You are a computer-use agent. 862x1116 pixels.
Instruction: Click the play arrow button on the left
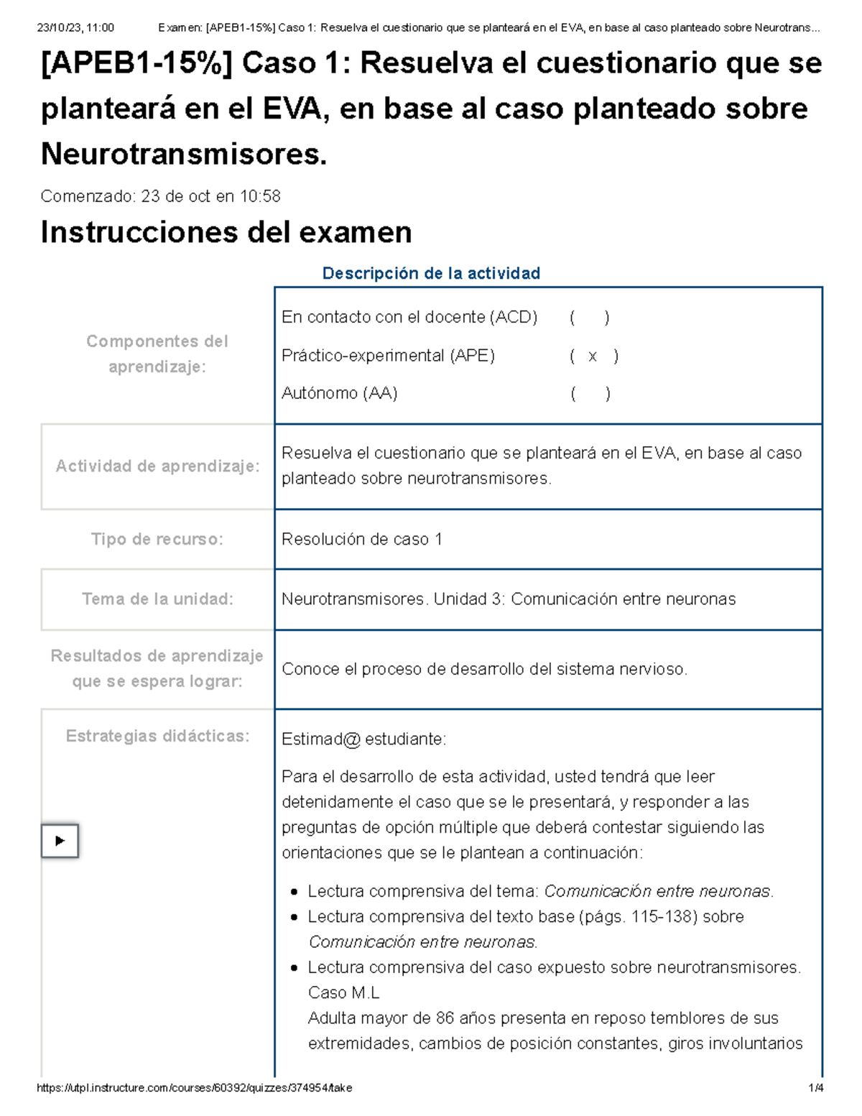[x=60, y=841]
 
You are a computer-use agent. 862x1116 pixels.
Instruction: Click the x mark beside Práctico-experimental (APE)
[x=593, y=356]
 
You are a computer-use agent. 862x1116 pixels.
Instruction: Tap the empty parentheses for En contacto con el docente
[x=590, y=317]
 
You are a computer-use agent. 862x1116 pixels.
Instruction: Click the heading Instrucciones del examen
[x=226, y=232]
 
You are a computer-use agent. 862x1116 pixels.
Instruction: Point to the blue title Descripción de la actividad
[x=431, y=273]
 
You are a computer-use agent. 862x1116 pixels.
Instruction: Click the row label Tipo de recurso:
[x=157, y=539]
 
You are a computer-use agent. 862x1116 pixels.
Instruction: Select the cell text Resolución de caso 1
[x=362, y=539]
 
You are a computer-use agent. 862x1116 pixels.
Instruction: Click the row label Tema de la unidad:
[x=157, y=599]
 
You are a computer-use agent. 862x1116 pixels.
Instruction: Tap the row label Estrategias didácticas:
[x=157, y=736]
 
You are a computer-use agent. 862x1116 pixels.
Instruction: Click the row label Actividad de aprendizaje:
[x=157, y=466]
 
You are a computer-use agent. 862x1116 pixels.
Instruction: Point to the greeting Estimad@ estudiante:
[x=363, y=739]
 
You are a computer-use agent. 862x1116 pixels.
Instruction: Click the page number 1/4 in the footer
[x=815, y=1088]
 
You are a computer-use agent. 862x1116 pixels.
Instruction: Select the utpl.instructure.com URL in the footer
[x=194, y=1088]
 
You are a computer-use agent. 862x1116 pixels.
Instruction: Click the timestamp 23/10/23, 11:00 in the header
[x=75, y=28]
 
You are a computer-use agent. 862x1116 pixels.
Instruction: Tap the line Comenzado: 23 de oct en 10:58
[x=160, y=196]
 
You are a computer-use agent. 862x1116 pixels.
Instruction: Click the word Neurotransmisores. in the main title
[x=184, y=154]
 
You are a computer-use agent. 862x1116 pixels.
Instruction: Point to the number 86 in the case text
[x=445, y=1018]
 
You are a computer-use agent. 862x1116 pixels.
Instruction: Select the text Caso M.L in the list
[x=343, y=992]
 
